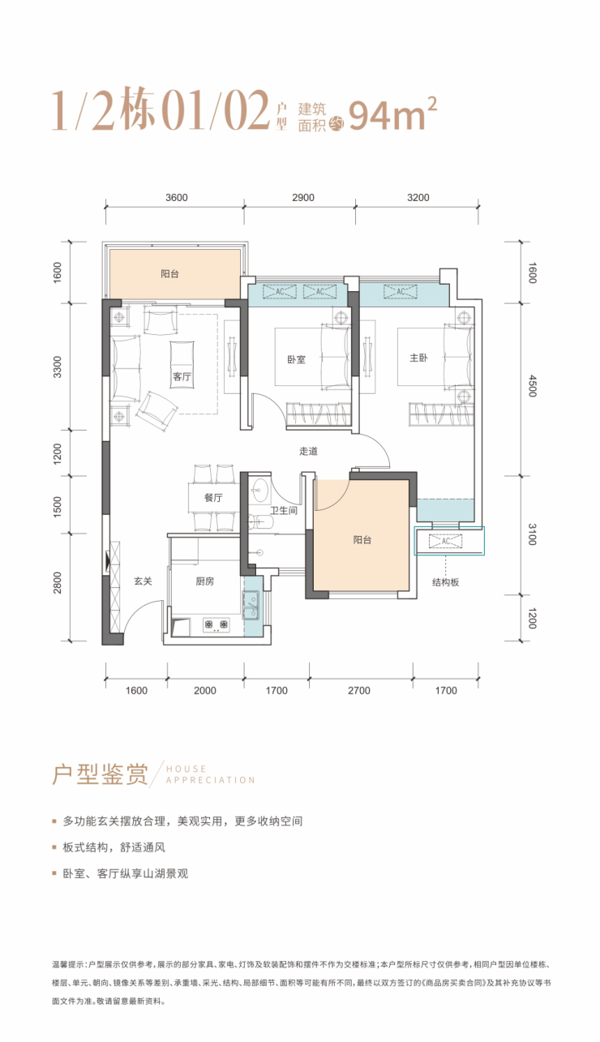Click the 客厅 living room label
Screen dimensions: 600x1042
click(182, 376)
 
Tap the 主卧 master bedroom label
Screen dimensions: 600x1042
click(418, 358)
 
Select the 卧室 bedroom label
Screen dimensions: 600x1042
click(296, 359)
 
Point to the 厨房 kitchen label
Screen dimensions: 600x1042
click(204, 581)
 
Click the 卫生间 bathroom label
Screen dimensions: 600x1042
click(284, 510)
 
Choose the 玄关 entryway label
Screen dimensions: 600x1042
click(143, 581)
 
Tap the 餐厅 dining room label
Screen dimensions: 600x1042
click(213, 498)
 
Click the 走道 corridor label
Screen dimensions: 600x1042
click(308, 451)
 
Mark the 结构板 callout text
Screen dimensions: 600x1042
click(446, 582)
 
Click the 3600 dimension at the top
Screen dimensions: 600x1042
click(177, 198)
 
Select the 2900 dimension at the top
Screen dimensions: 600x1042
click(303, 198)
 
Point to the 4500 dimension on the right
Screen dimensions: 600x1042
click(533, 386)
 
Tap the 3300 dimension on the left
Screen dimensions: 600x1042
click(58, 367)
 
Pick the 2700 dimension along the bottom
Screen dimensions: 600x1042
click(359, 690)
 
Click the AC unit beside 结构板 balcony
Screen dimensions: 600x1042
click(446, 541)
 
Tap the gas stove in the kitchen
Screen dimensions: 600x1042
click(216, 624)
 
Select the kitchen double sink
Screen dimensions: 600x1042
click(251, 606)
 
